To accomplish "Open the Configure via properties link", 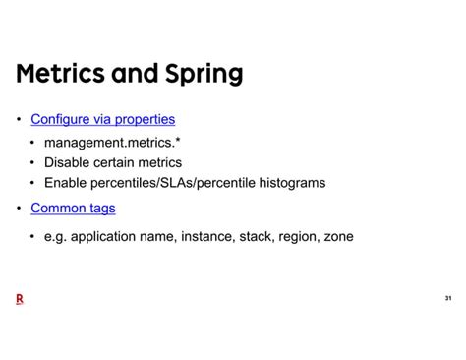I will click(x=102, y=119).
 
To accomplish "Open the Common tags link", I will click(x=73, y=208).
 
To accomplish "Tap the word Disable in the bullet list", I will click(x=69, y=162).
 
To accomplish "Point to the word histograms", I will click(x=290, y=182).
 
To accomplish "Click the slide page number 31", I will click(x=447, y=298).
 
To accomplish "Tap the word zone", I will click(x=336, y=236).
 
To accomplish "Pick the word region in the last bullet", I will click(x=291, y=236).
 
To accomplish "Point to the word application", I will click(x=103, y=236).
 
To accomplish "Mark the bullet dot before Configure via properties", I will click(x=19, y=120).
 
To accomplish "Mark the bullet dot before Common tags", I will click(x=19, y=209).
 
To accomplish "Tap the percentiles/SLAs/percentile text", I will click(x=170, y=182).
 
